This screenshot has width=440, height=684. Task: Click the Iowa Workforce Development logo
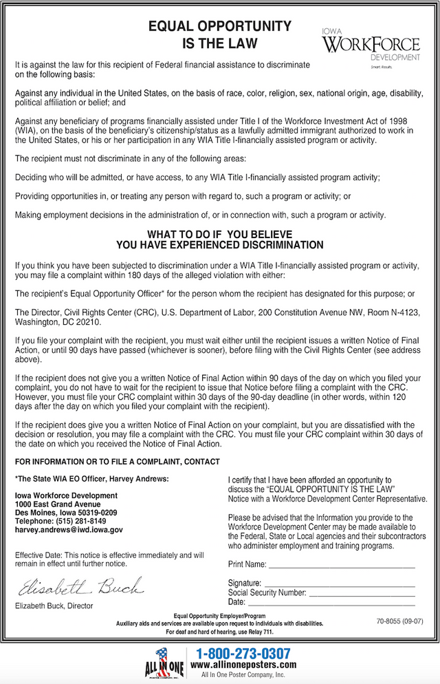(370, 47)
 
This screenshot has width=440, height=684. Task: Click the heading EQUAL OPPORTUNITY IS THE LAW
(219, 35)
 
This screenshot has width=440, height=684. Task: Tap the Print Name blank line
(341, 565)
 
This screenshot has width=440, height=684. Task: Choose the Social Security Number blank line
(362, 592)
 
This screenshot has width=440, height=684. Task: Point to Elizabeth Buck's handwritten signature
(80, 587)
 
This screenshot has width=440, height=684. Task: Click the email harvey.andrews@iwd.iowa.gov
(69, 531)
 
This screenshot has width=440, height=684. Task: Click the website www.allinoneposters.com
(243, 665)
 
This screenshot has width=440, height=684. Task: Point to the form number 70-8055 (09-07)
(399, 621)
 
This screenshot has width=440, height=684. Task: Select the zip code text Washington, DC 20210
(58, 321)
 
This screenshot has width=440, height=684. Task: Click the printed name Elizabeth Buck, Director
(54, 606)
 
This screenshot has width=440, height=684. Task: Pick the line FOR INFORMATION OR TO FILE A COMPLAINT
(118, 462)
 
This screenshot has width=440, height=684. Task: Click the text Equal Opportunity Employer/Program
(219, 616)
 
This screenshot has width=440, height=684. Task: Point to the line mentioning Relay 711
(219, 632)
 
